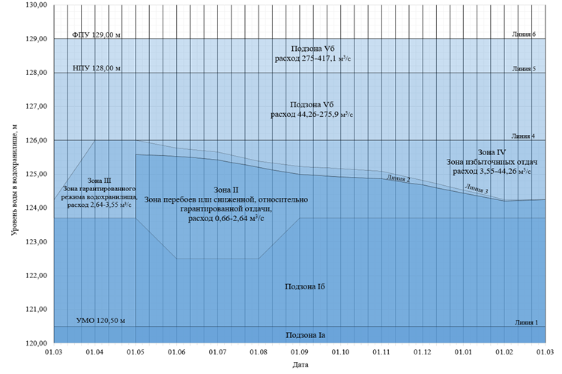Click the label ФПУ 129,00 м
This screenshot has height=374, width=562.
96,34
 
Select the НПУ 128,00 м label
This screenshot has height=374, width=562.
96,68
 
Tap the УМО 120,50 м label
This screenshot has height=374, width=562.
101,322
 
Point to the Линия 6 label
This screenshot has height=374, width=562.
524,34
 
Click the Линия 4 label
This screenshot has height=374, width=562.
524,136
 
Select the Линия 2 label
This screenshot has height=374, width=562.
398,178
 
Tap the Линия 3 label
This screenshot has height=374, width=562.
476,189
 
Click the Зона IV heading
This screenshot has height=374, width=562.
491,152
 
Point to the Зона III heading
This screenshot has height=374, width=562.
99,180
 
